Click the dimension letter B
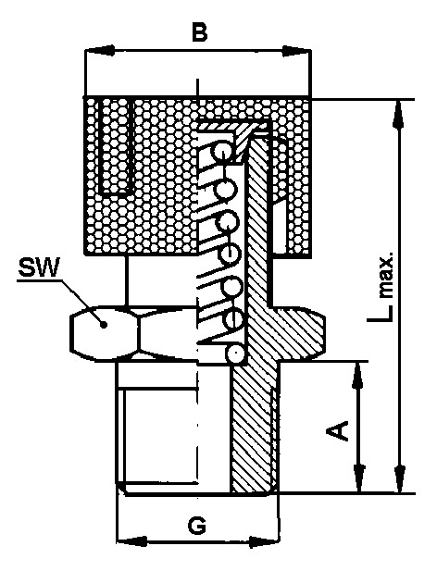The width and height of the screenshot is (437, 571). click(x=200, y=32)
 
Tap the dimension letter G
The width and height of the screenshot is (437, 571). click(x=198, y=526)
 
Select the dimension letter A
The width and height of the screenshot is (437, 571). click(x=337, y=430)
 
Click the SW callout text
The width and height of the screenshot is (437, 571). click(x=39, y=268)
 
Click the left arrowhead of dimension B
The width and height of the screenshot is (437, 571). click(x=99, y=51)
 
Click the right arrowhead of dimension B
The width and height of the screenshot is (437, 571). click(x=296, y=51)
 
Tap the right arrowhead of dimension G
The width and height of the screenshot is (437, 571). click(x=265, y=540)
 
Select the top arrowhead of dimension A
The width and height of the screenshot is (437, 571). click(x=358, y=377)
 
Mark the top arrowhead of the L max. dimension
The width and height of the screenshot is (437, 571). click(x=399, y=114)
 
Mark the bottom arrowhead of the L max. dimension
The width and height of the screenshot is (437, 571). click(x=400, y=478)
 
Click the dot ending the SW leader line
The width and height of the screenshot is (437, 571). click(x=104, y=324)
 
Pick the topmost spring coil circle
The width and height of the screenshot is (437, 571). click(x=223, y=151)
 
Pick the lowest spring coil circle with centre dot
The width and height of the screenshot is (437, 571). click(x=236, y=353)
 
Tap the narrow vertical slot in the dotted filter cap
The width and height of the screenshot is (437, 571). click(x=116, y=146)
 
